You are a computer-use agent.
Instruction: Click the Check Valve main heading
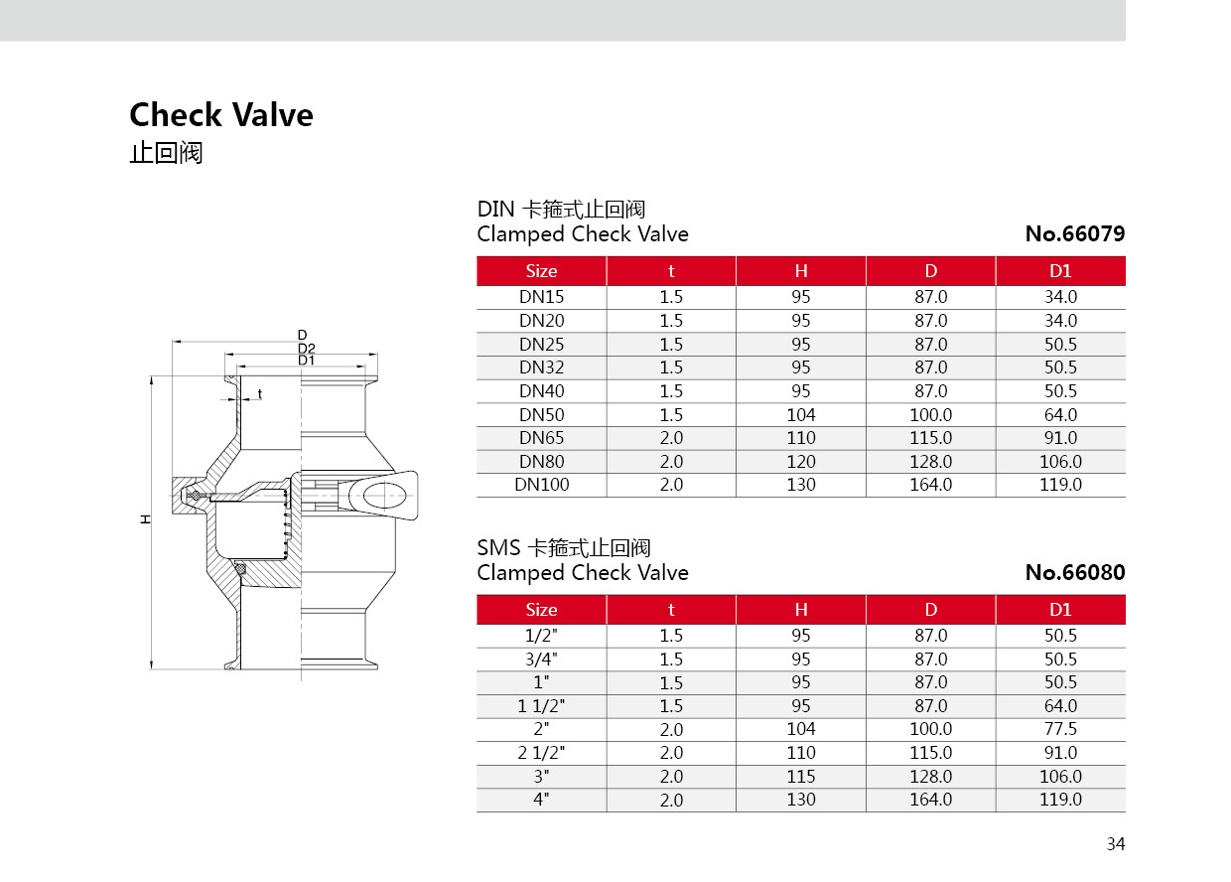(x=221, y=115)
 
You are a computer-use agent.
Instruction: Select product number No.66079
(x=1074, y=235)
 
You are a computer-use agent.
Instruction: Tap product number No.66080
(x=1074, y=573)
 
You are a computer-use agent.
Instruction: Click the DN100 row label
(x=541, y=486)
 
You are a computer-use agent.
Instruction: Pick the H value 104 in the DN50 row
(x=800, y=415)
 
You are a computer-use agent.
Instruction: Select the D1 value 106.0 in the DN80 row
(x=1060, y=462)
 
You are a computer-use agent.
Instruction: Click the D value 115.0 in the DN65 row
(x=930, y=438)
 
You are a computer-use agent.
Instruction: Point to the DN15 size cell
(x=541, y=297)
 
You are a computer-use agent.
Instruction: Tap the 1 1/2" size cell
(x=541, y=706)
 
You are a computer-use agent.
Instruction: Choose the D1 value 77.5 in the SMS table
(x=1060, y=729)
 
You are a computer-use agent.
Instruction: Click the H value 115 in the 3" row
(x=800, y=777)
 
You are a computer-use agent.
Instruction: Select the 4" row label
(x=541, y=800)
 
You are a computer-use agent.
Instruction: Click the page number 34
(x=1116, y=844)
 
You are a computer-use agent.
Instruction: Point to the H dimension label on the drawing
(x=145, y=519)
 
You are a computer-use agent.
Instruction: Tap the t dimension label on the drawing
(x=260, y=394)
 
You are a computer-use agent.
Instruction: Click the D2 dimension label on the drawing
(x=306, y=348)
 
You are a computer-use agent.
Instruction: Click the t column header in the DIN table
(x=671, y=271)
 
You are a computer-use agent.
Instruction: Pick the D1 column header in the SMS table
(x=1060, y=610)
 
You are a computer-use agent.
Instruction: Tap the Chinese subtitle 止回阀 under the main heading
(x=166, y=154)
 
